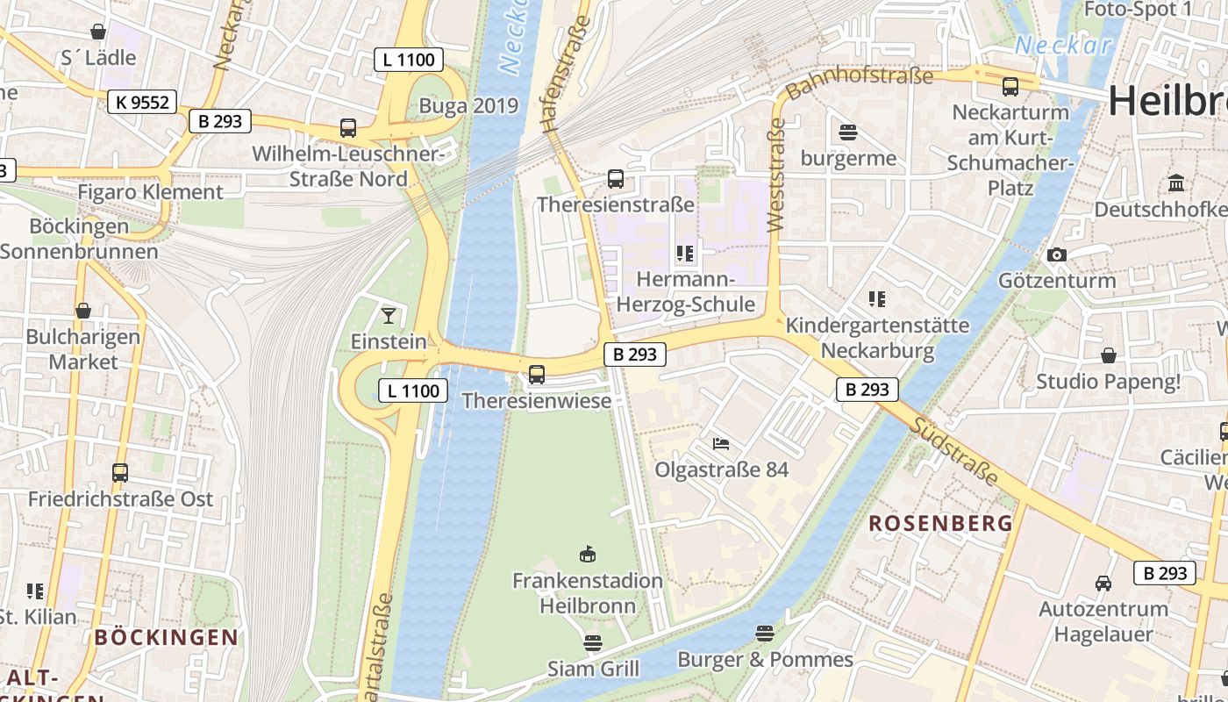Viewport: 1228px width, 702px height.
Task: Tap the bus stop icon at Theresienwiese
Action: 537,375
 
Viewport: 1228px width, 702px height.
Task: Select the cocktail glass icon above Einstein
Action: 389,315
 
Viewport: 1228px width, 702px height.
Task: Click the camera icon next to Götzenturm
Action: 1057,254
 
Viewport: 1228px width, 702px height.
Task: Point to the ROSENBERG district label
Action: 940,524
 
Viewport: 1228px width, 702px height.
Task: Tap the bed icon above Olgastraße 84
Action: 721,443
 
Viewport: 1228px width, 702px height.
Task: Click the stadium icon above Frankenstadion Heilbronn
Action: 588,554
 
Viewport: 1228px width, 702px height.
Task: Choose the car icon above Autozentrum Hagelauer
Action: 1103,583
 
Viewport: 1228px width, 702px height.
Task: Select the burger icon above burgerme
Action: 848,133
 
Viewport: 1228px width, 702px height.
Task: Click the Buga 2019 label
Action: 468,106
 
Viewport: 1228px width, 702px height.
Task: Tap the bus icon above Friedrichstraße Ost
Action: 120,473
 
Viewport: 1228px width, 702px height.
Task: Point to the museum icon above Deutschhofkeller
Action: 1175,183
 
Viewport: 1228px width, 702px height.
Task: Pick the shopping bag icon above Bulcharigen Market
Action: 83,311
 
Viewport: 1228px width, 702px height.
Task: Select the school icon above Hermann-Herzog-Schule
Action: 685,254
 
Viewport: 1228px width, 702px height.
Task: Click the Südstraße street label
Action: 955,452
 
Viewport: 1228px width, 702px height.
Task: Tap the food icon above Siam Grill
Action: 593,643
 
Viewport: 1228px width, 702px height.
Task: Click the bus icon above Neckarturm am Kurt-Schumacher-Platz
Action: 1010,87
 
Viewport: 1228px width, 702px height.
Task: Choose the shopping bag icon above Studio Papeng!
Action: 1109,355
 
